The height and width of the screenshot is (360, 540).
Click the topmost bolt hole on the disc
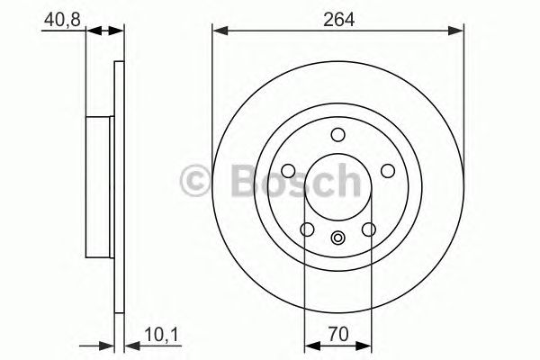[338, 135]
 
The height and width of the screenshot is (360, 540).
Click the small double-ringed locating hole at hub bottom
[338, 238]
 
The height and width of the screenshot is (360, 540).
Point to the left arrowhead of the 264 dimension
[219, 31]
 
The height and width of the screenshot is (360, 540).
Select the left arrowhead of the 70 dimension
[310, 345]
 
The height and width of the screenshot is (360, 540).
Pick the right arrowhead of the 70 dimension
[366, 345]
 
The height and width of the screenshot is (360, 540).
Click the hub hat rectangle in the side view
[102, 187]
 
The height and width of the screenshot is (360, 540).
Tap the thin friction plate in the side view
[118, 187]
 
